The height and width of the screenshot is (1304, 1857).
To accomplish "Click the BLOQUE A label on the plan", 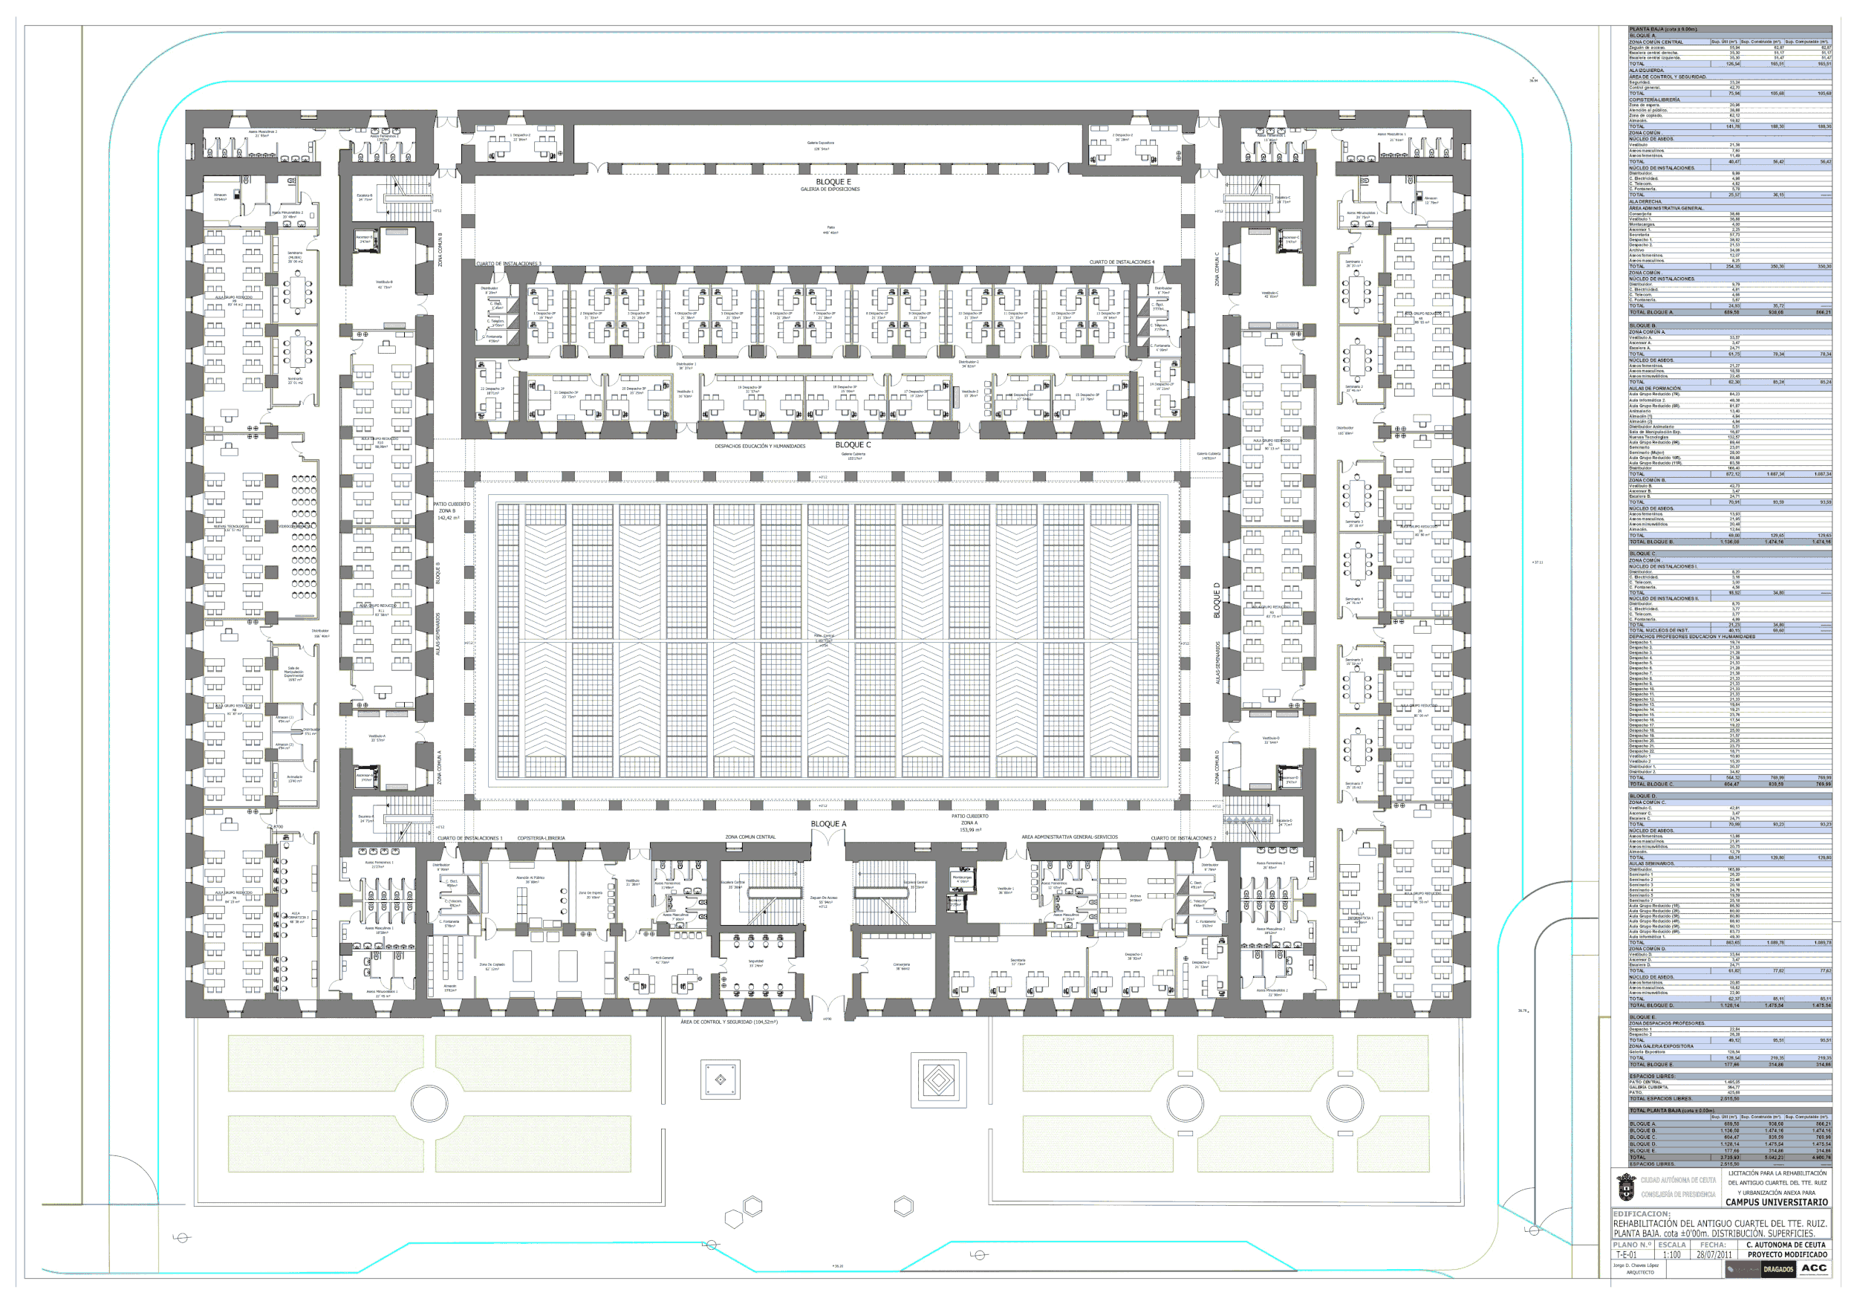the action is point(828,823).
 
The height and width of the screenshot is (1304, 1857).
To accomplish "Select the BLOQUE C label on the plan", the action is point(853,445).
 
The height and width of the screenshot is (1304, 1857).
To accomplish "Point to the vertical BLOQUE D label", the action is point(1217,600).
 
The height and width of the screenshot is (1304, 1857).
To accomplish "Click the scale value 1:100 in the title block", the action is point(1671,1255).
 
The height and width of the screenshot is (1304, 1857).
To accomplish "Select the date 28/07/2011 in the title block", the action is point(1714,1255).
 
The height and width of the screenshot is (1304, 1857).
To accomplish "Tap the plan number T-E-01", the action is point(1626,1255).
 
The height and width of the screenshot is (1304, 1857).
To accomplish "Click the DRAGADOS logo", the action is point(1778,1269).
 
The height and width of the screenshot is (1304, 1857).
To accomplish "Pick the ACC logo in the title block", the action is point(1813,1268).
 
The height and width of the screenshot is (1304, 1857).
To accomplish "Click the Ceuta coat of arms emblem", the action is point(1626,1188).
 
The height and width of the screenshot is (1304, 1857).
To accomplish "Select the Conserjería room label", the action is point(901,966).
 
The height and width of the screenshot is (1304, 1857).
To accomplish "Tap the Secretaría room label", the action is point(1018,961).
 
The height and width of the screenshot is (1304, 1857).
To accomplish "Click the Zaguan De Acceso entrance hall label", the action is point(823,899).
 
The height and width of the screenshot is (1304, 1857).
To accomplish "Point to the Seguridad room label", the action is point(755,963).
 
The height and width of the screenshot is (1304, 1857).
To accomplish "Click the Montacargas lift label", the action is point(962,878).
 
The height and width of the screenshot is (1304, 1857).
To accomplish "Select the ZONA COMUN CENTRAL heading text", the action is point(749,837).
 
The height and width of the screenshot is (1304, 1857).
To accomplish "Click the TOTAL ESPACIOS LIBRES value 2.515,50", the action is point(1729,1098).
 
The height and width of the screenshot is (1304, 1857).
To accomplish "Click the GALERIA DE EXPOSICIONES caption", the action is point(830,189).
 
